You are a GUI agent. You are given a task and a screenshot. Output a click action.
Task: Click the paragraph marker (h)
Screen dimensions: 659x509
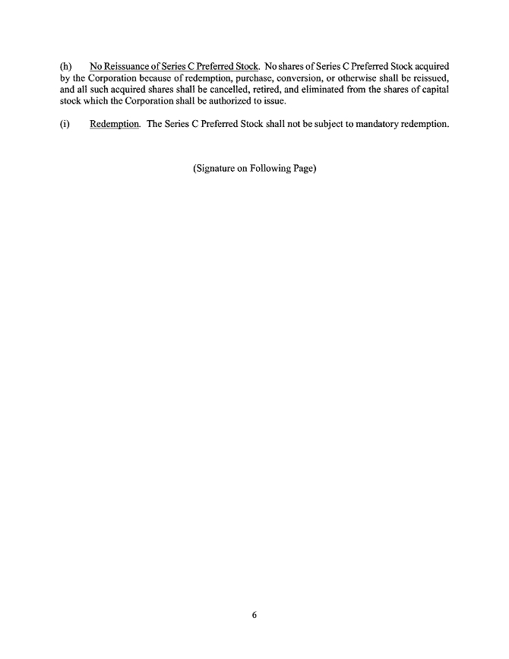click(x=65, y=66)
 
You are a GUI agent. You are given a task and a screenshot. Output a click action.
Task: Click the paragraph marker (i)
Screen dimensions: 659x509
click(x=65, y=125)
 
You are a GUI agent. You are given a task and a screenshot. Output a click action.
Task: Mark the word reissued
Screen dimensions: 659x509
click(x=431, y=78)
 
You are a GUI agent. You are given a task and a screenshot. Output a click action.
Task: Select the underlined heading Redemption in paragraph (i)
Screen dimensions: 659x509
click(x=114, y=125)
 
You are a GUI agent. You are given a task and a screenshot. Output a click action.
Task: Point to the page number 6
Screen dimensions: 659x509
click(x=254, y=616)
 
